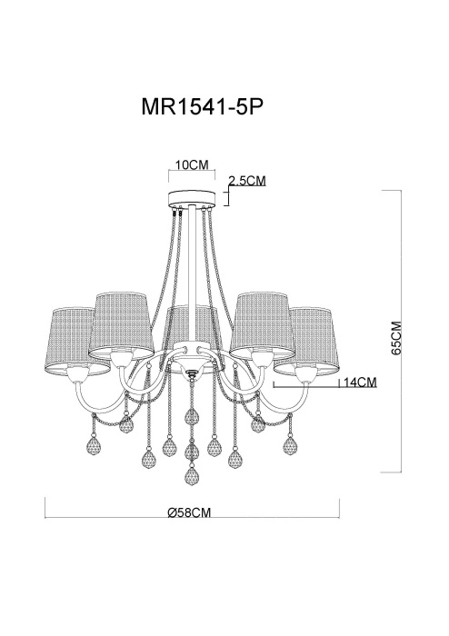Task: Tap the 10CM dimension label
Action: tap(192, 165)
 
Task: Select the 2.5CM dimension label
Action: tap(246, 181)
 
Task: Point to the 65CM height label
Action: tap(395, 340)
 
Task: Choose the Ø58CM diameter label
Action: tap(190, 512)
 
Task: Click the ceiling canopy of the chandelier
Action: tap(192, 199)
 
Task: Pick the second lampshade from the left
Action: tap(122, 320)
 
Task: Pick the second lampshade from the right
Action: tap(262, 320)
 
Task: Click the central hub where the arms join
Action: tap(192, 368)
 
